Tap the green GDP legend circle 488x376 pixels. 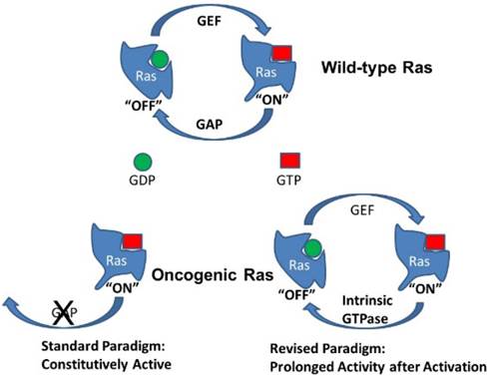coord(143,159)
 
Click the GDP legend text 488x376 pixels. coord(144,185)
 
